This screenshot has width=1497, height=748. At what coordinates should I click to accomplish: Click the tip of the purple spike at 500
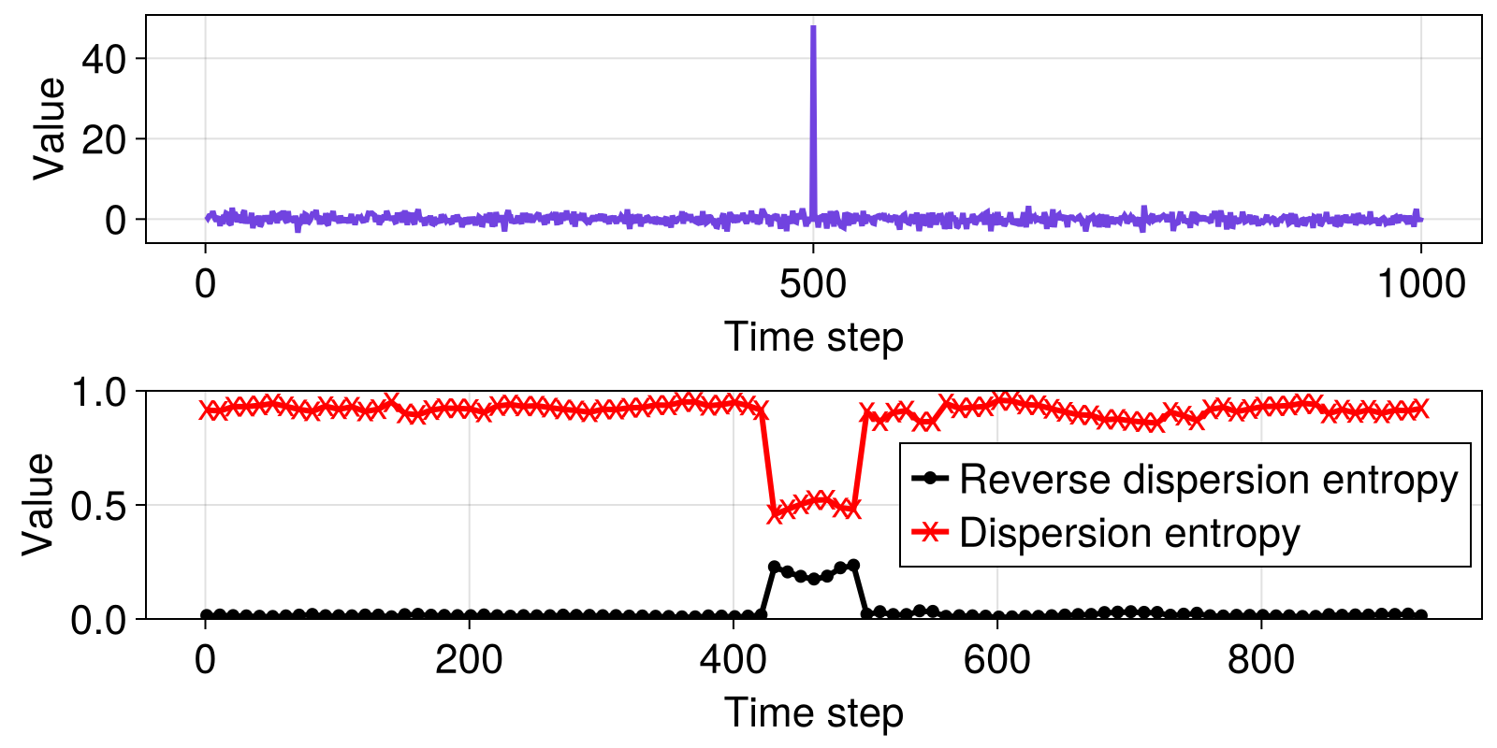click(x=813, y=28)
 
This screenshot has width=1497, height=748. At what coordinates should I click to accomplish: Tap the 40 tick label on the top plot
click(x=104, y=60)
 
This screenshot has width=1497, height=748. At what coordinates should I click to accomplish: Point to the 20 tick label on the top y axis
click(x=104, y=140)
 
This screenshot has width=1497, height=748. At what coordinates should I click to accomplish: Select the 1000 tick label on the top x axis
click(x=1420, y=284)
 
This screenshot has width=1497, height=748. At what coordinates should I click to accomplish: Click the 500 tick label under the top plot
click(x=813, y=284)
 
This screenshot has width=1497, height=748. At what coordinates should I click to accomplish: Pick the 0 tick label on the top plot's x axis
click(x=205, y=284)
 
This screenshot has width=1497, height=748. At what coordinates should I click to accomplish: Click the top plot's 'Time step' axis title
click(x=813, y=337)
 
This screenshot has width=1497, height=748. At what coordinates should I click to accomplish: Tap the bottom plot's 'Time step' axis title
click(x=813, y=712)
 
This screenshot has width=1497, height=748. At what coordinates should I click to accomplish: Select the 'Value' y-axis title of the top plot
click(x=50, y=129)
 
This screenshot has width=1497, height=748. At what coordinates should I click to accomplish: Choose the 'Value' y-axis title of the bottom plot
click(x=39, y=504)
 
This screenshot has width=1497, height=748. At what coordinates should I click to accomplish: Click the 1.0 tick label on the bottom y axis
click(x=102, y=392)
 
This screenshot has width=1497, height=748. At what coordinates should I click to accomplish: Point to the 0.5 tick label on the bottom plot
click(x=102, y=506)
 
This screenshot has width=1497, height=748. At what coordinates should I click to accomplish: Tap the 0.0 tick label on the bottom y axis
click(x=102, y=620)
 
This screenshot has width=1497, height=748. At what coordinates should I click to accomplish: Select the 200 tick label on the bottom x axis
click(x=468, y=660)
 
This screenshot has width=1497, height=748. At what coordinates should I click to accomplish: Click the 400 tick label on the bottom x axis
click(x=733, y=660)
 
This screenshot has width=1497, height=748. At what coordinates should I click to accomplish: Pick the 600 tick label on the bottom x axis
click(x=996, y=660)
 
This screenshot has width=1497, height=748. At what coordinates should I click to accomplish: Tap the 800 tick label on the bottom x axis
click(x=1260, y=660)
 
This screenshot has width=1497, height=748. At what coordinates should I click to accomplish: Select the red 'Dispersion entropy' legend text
click(x=1129, y=533)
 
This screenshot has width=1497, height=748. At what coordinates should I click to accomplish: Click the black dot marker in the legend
click(x=929, y=479)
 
